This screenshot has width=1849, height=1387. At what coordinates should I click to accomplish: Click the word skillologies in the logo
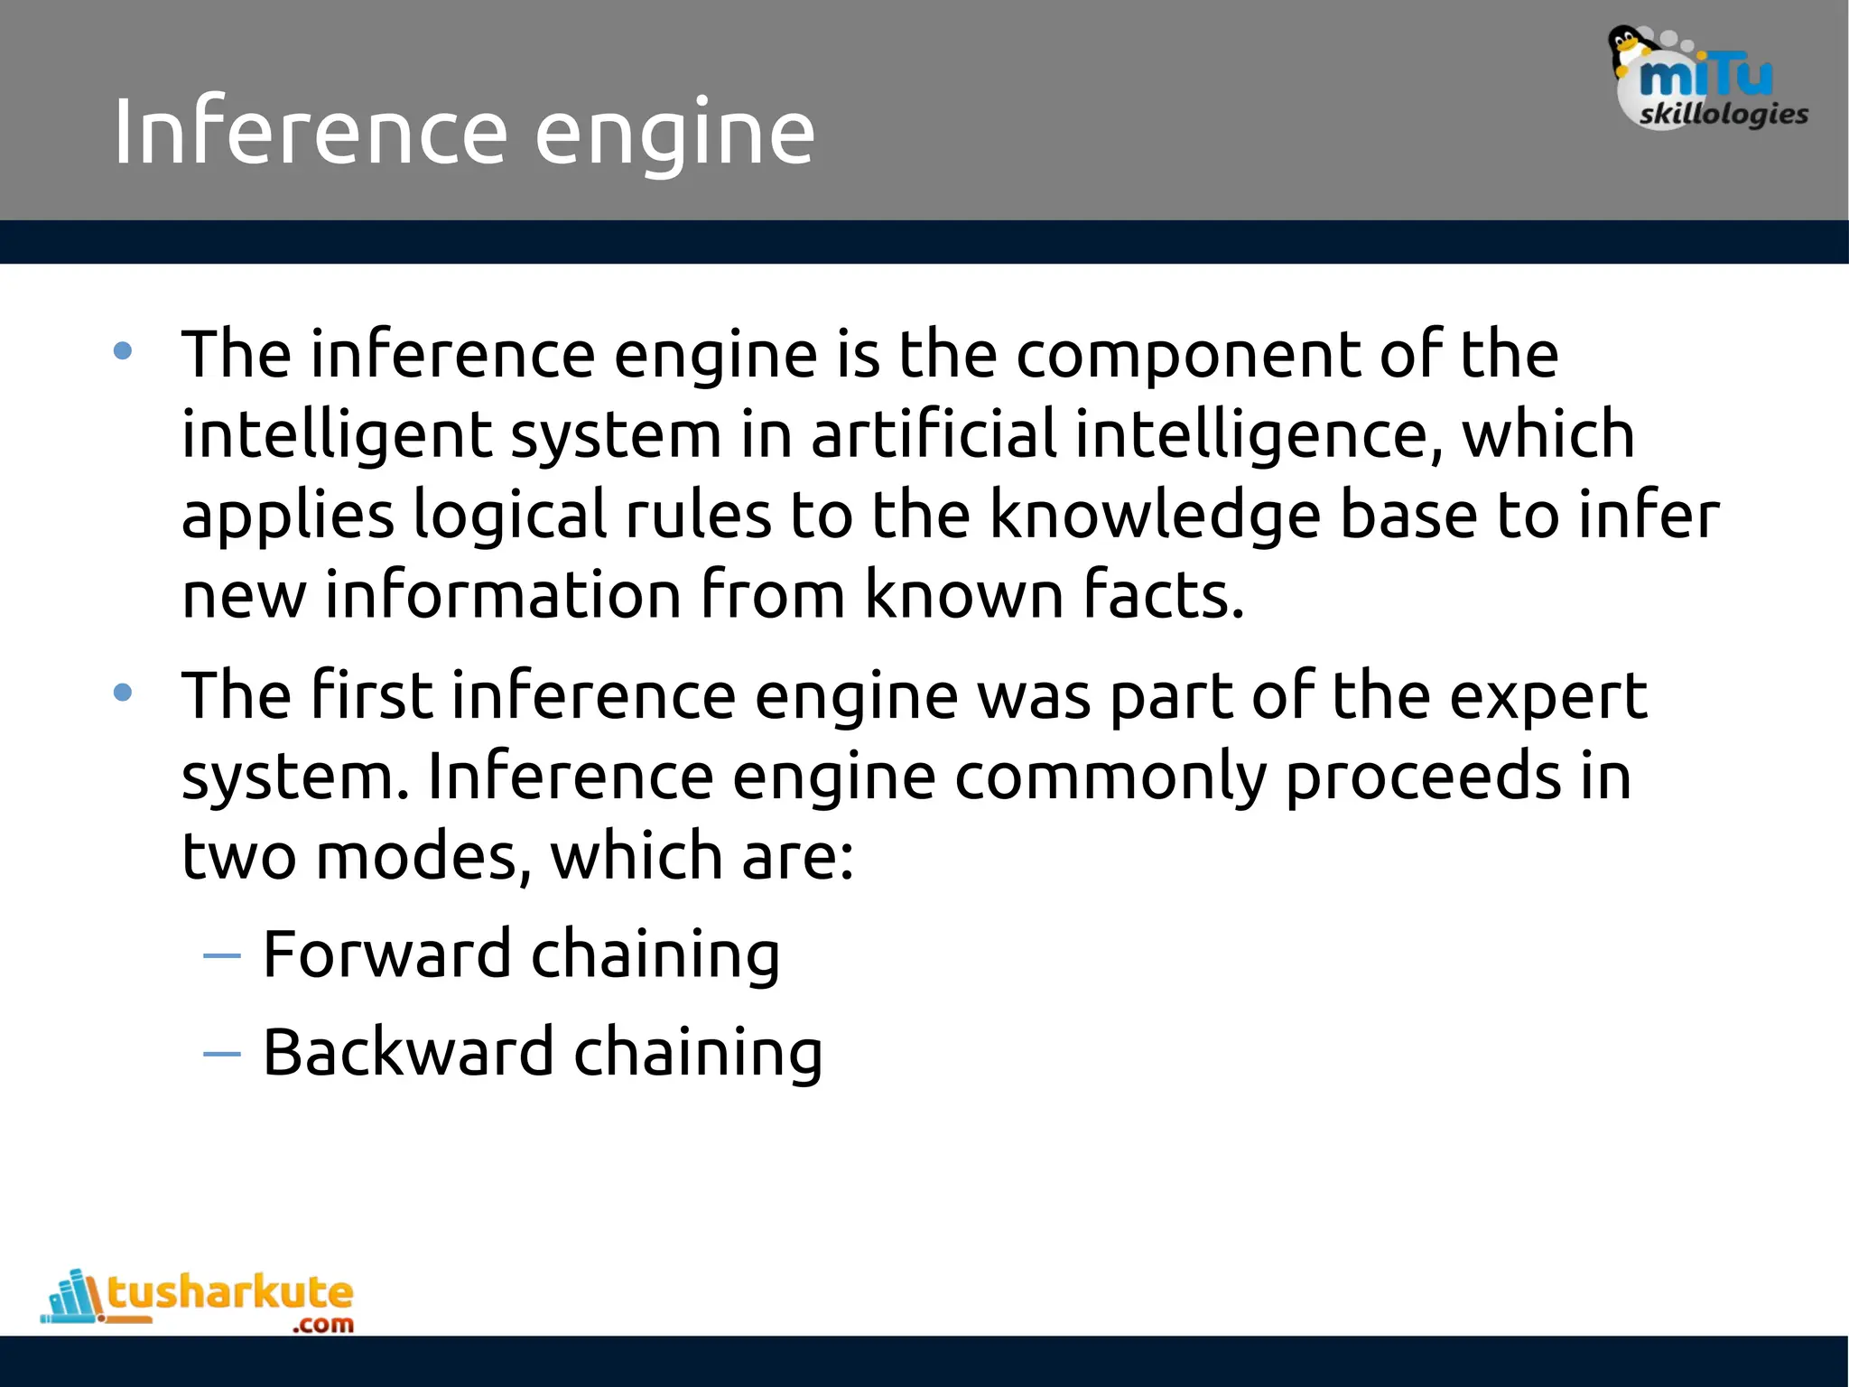pos(1723,115)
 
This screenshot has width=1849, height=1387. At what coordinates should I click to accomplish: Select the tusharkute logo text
pos(230,1292)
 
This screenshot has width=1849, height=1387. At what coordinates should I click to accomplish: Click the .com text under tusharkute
pos(322,1325)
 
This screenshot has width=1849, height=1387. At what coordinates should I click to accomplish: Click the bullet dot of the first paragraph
pos(123,351)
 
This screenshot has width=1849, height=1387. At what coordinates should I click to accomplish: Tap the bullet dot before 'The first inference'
pos(123,693)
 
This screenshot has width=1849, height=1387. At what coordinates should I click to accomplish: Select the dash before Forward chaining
pos(222,955)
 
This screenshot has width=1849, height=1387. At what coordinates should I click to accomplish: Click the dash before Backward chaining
pos(222,1053)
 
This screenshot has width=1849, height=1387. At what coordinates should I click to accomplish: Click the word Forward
pos(386,954)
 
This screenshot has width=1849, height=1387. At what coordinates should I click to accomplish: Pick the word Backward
pos(408,1052)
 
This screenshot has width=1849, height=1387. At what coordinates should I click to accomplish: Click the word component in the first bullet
pos(1188,355)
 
